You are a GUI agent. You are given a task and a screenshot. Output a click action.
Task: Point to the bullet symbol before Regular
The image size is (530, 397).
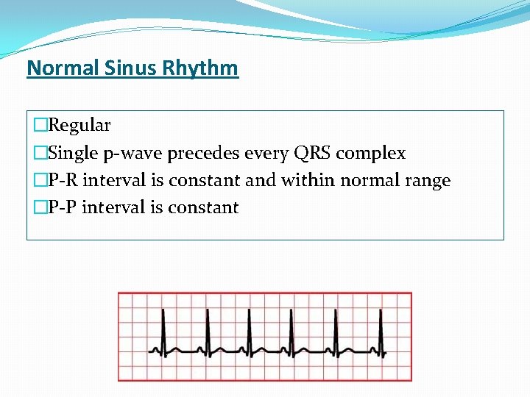(40, 126)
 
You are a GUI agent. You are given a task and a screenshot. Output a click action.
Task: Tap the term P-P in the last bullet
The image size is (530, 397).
(63, 207)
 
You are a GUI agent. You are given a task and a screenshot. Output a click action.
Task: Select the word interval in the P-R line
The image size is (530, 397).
(112, 180)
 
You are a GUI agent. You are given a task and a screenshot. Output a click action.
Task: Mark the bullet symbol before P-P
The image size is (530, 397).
(40, 207)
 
